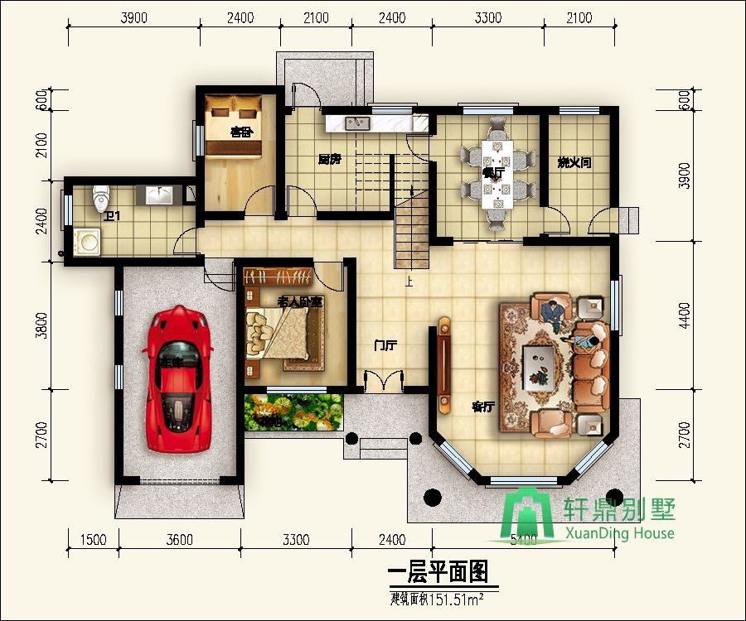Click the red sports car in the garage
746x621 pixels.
178,378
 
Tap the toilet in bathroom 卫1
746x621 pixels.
101,197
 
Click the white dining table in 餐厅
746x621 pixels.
496,171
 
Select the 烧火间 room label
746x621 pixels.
574,163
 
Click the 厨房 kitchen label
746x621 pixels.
329,159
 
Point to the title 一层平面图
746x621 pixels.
438,572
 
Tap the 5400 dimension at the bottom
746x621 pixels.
522,540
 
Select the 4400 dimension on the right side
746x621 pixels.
684,315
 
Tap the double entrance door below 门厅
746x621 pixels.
384,383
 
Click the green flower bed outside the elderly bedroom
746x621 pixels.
294,411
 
